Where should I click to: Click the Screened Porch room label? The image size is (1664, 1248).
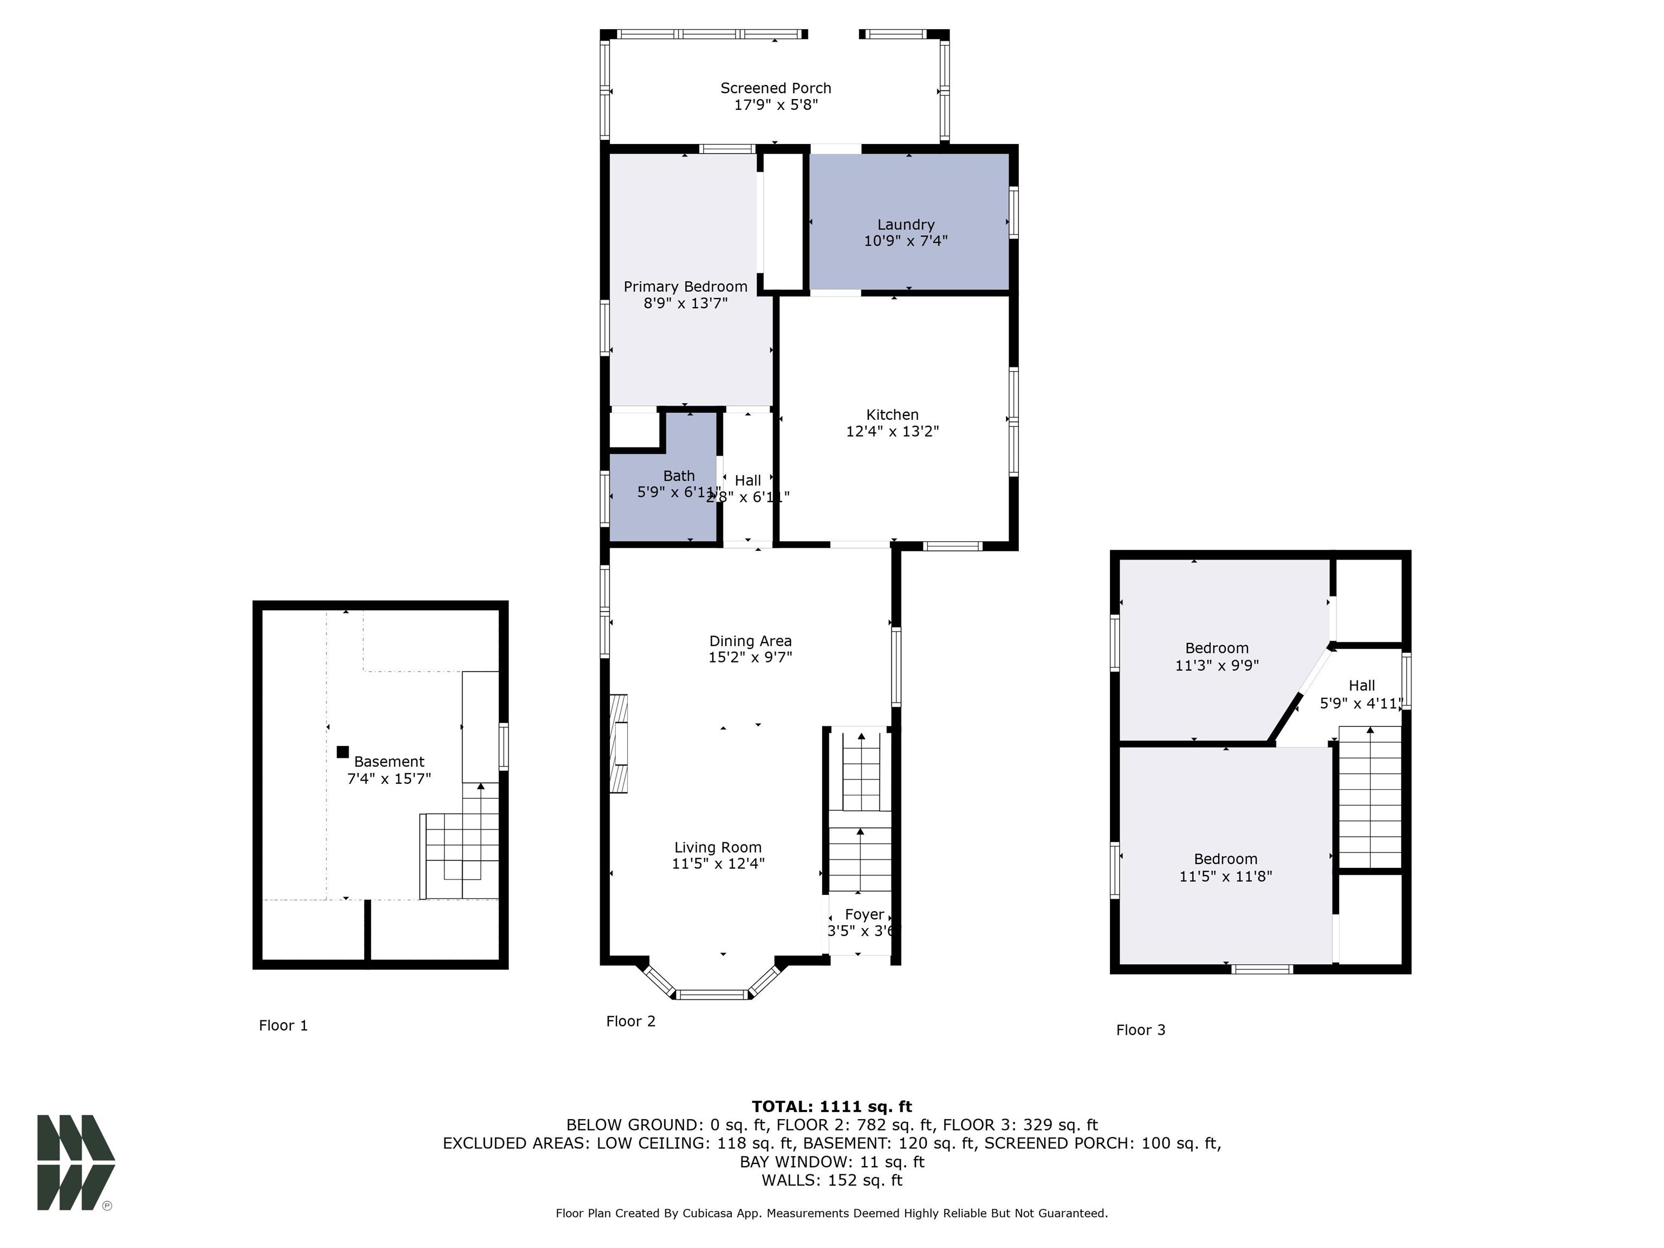coord(776,88)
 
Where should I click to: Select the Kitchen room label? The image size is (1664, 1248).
coord(892,414)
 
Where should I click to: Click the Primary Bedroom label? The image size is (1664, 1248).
coord(685,287)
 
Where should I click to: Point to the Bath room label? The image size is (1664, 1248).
coord(679,476)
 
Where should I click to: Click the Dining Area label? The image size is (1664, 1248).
coord(750,641)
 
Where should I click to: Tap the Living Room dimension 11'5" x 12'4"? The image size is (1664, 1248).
coord(718,863)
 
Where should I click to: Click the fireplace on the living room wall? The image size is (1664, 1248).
coord(619,743)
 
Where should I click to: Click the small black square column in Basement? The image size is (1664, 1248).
coord(343,751)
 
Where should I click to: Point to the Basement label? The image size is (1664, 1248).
coord(389,761)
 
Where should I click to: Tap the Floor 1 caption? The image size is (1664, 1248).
coord(283,1025)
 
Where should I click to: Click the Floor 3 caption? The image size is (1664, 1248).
coord(1140,1030)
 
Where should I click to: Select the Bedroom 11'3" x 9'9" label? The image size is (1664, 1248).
coord(1217,648)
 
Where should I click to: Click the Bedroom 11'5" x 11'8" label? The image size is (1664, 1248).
coord(1225,859)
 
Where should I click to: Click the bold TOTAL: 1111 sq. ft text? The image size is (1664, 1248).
coord(831,1107)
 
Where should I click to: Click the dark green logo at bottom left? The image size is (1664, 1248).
coord(75,1162)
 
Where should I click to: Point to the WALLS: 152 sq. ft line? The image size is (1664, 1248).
coord(831,1180)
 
